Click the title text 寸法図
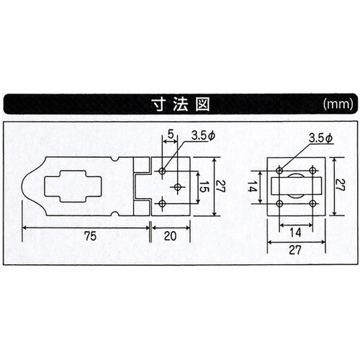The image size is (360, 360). [179, 104]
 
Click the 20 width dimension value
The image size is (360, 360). [171, 235]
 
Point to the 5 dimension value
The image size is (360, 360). [171, 135]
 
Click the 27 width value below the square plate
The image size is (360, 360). [296, 251]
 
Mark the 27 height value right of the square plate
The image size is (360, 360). [341, 186]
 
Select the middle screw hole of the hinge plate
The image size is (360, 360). [177, 186]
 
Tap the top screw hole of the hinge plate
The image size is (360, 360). [164, 171]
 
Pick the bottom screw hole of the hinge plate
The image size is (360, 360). [164, 204]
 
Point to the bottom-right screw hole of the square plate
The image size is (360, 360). [312, 203]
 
